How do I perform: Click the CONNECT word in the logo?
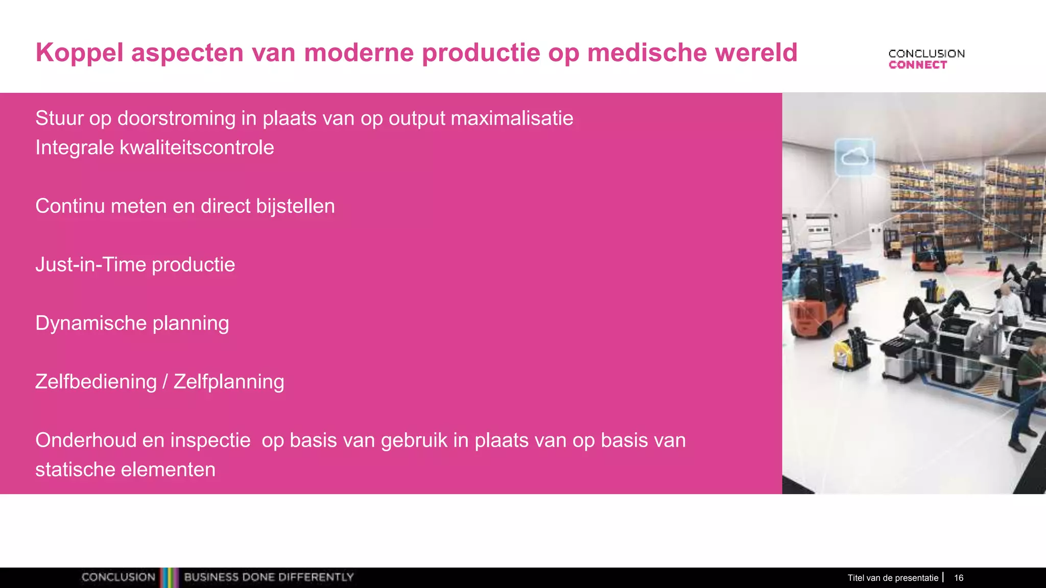point(917,65)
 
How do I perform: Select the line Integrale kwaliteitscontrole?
point(154,148)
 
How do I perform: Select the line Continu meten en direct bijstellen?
point(185,206)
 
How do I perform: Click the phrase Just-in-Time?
point(90,265)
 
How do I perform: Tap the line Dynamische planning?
point(132,323)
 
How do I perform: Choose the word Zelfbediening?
point(96,382)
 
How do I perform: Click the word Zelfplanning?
point(228,382)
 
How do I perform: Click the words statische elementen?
point(125,470)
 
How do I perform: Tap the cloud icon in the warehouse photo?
point(854,157)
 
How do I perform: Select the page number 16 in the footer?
point(959,578)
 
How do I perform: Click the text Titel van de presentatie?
point(893,578)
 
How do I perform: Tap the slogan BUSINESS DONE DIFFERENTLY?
point(269,577)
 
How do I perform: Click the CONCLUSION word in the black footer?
point(118,577)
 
